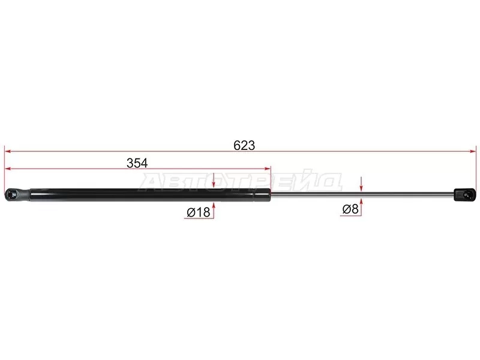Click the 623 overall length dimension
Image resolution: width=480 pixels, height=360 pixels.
244,145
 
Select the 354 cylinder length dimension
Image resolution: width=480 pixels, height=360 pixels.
137,163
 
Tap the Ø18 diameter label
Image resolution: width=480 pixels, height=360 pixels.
199,212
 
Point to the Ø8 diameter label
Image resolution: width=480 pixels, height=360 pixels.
350,209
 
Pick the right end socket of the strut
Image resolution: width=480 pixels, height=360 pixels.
464,195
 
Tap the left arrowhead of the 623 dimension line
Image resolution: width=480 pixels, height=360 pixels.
8,151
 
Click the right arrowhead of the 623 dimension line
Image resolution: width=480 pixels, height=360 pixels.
473,151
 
